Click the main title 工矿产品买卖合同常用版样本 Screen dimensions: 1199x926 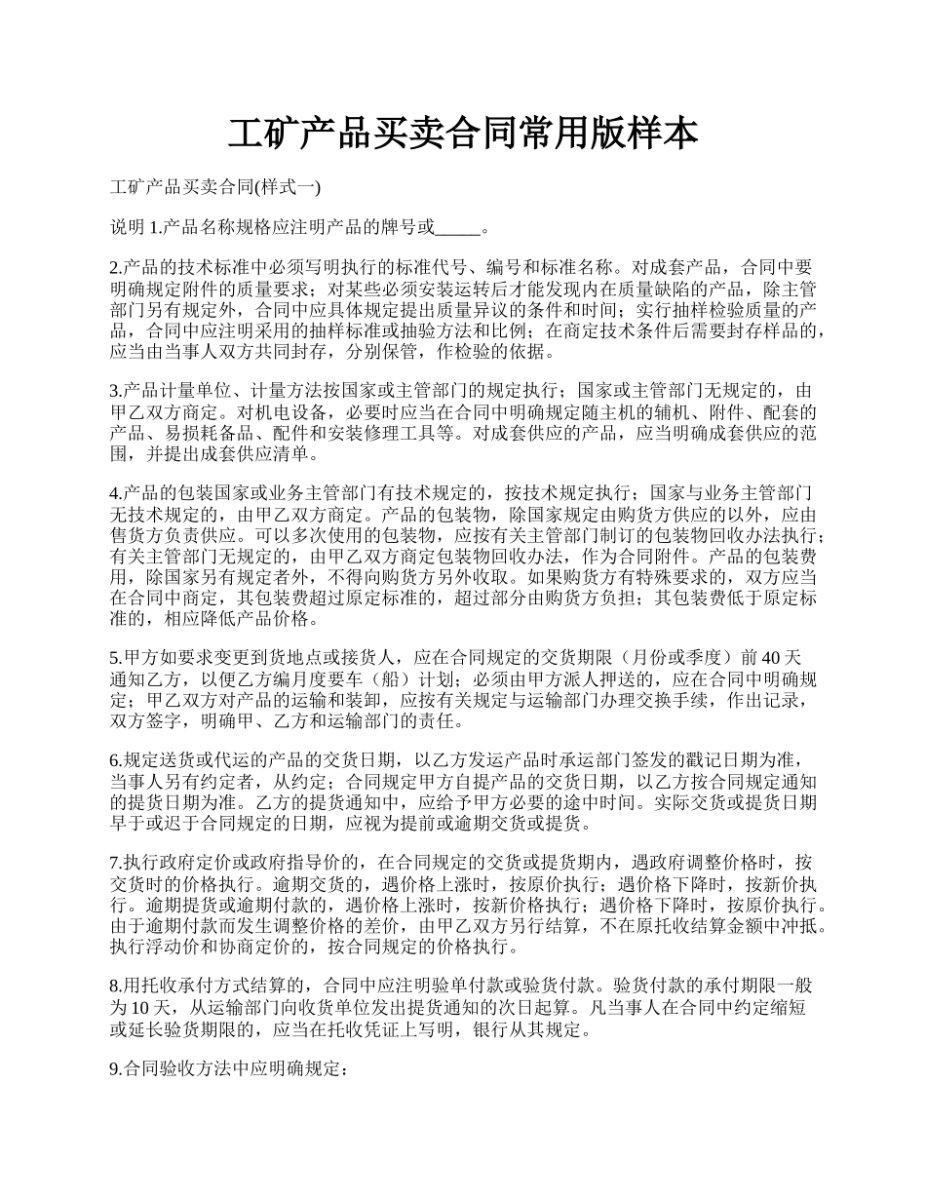(463, 134)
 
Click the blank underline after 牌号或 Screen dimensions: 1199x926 (457, 229)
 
